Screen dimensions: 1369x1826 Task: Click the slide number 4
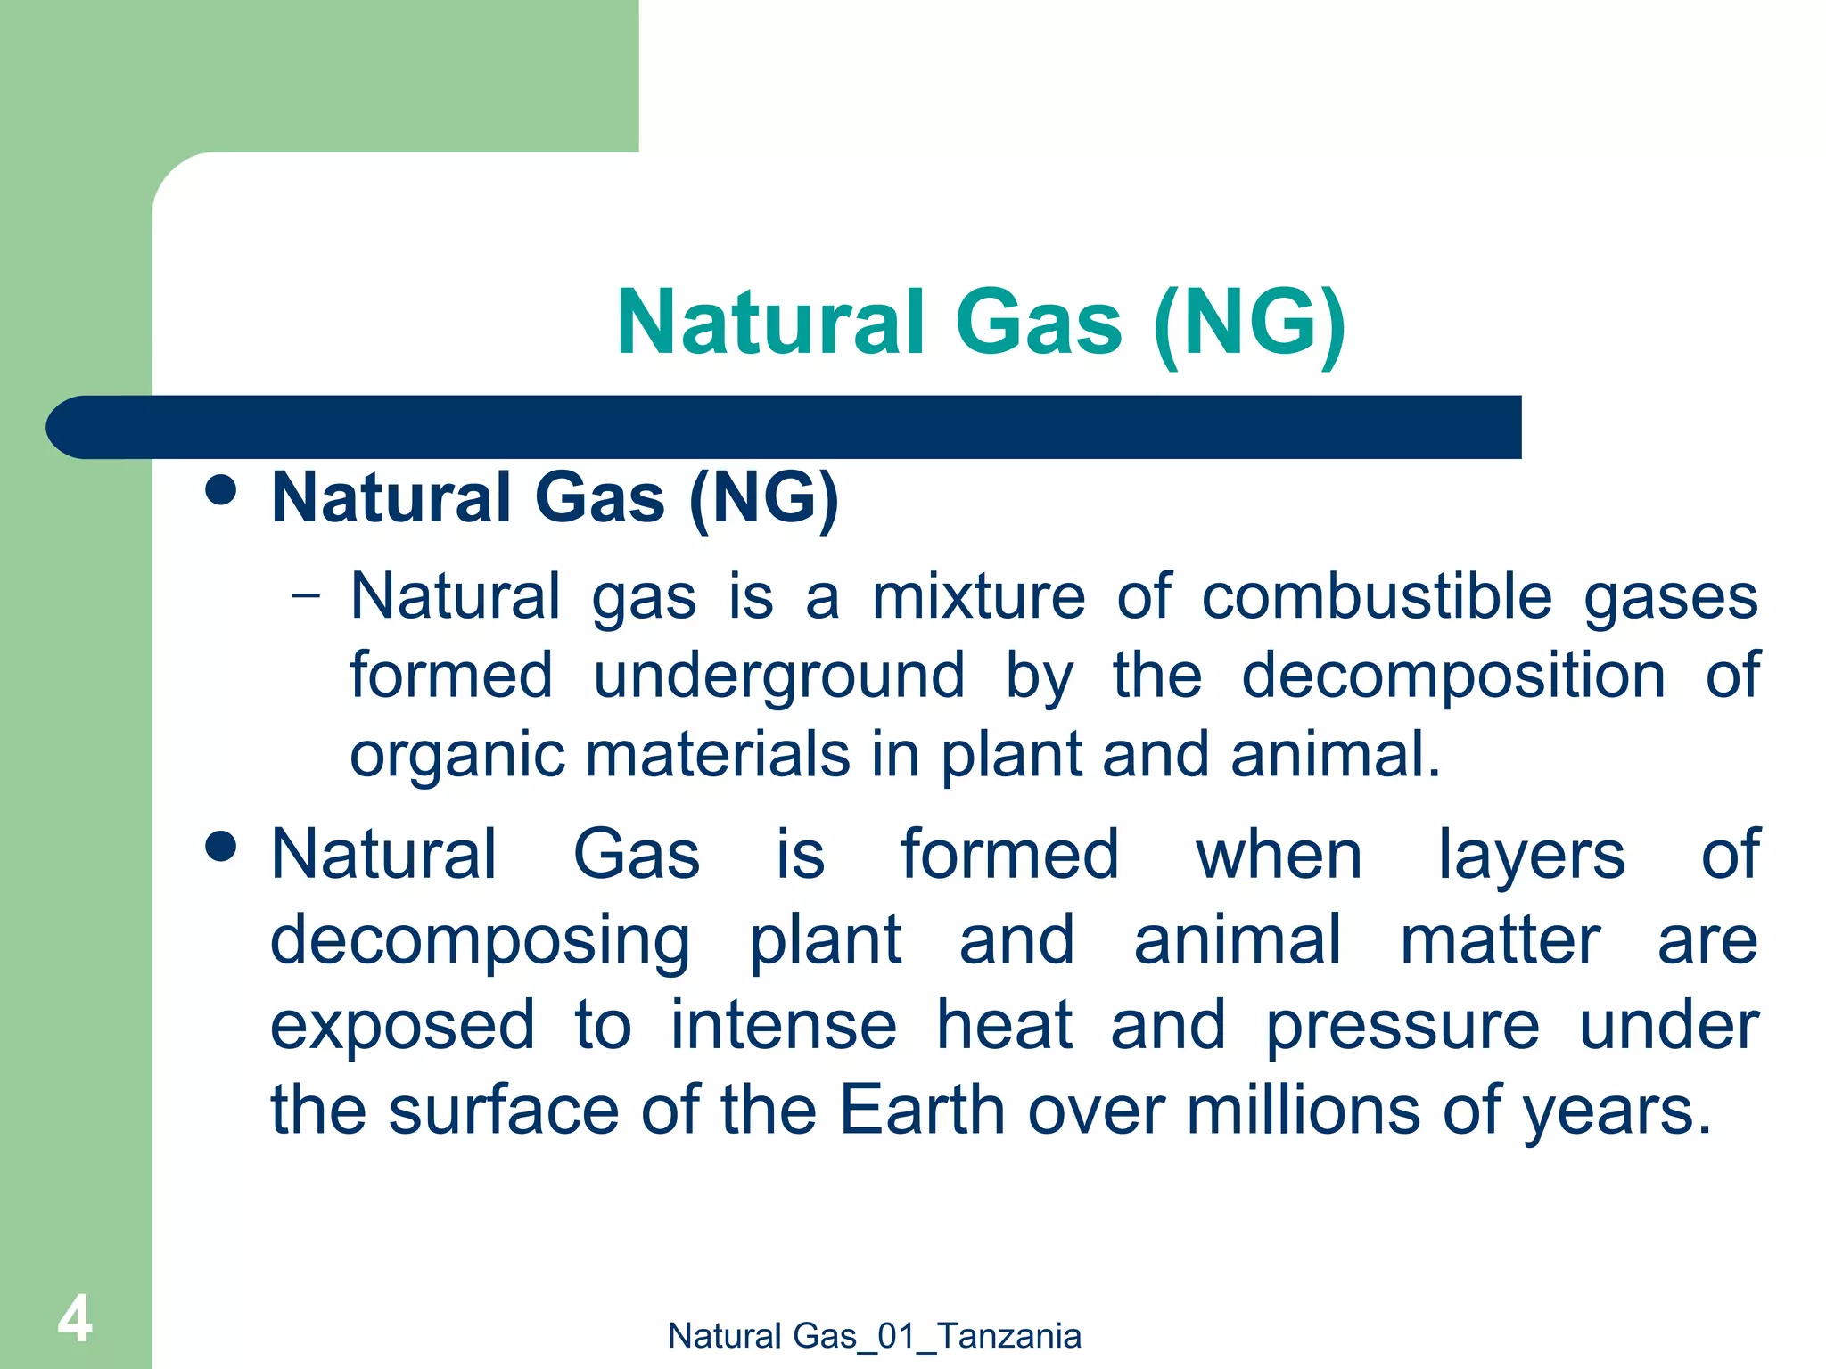pyautogui.click(x=75, y=1319)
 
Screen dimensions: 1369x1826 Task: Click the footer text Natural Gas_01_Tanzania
pyautogui.click(x=874, y=1336)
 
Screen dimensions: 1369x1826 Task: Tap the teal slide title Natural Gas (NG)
pyautogui.click(x=981, y=323)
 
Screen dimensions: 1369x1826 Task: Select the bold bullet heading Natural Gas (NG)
pyautogui.click(x=555, y=497)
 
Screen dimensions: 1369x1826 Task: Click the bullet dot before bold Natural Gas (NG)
pyautogui.click(x=220, y=489)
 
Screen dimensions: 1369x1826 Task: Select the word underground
pyautogui.click(x=778, y=676)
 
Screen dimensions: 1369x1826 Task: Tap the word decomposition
pyautogui.click(x=1452, y=676)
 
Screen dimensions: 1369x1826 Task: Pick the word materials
pyautogui.click(x=718, y=754)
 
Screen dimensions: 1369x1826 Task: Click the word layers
pyautogui.click(x=1531, y=856)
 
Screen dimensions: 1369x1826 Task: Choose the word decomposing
pyautogui.click(x=480, y=941)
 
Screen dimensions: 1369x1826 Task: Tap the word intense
pyautogui.click(x=783, y=1025)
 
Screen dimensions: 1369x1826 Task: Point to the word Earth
pyautogui.click(x=922, y=1110)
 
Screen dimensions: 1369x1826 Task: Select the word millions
pyautogui.click(x=1303, y=1110)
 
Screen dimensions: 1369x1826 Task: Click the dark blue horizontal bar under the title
pyautogui.click(x=785, y=427)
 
